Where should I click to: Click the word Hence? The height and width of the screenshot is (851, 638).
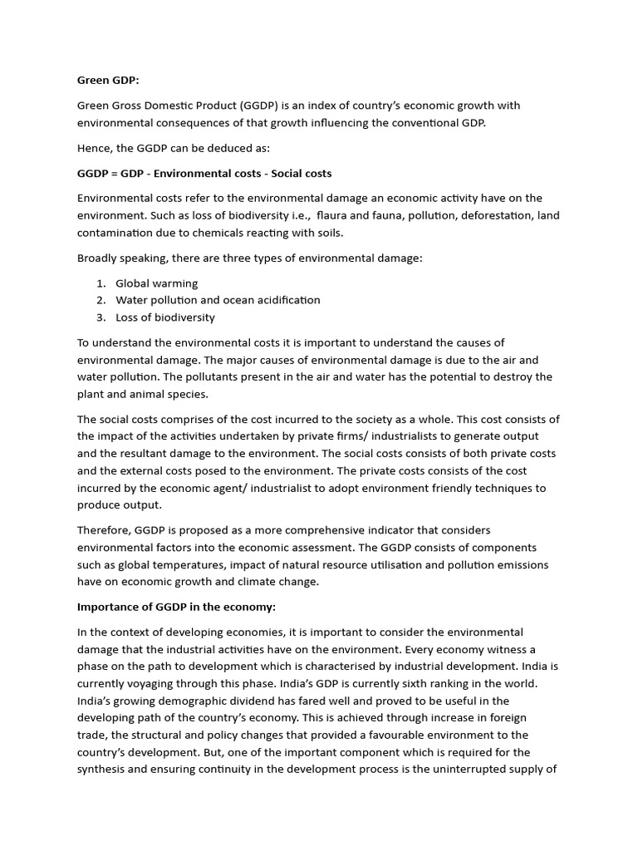95,148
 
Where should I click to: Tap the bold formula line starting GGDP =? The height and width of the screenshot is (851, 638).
204,173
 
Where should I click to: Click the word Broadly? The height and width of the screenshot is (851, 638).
100,258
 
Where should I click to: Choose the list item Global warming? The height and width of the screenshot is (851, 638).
156,283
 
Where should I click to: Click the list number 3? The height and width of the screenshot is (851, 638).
100,317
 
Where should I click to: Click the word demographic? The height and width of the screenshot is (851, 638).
205,701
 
